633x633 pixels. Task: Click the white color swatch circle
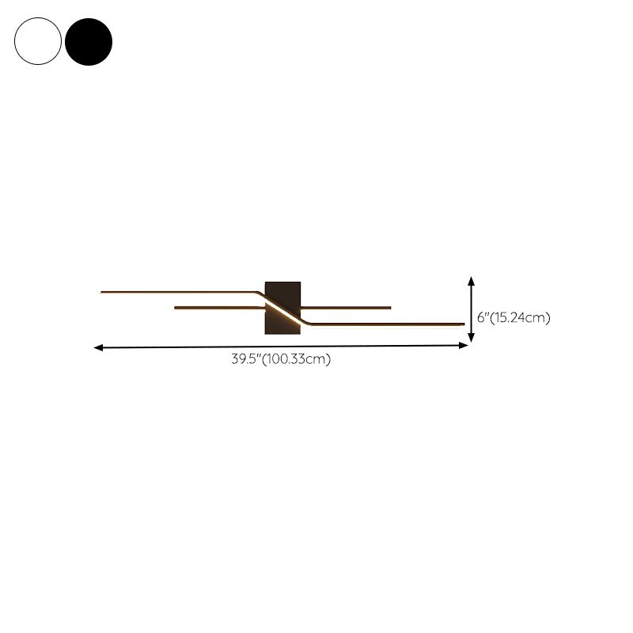pos(37,41)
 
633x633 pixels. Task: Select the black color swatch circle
pos(89,41)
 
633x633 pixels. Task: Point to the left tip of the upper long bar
pos(102,292)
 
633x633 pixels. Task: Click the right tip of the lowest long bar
pos(463,324)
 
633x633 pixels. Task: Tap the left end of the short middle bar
pos(176,307)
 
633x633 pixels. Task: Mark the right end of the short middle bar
pos(390,307)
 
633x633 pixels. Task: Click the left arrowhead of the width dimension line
pos(97,347)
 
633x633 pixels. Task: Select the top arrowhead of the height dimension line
pos(472,280)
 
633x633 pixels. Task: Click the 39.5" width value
pos(246,359)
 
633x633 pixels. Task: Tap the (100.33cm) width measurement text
pos(296,359)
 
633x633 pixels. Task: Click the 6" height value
pos(484,318)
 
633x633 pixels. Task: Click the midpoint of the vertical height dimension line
pos(472,309)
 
